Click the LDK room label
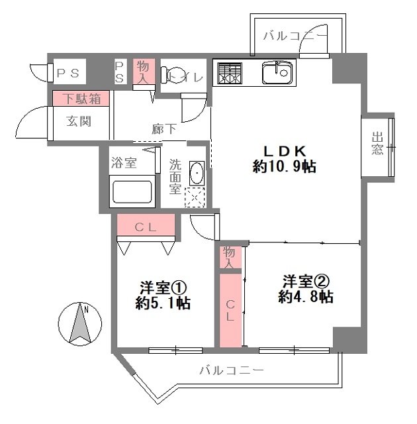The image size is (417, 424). pyautogui.click(x=285, y=151)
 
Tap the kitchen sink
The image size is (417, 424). pyautogui.click(x=277, y=72)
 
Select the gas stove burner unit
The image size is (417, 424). pyautogui.click(x=229, y=74)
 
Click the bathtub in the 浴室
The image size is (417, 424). pyautogui.click(x=132, y=191)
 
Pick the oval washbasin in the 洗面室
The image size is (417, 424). pyautogui.click(x=197, y=173)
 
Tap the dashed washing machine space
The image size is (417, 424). pyautogui.click(x=195, y=197)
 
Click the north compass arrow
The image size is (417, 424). pyautogui.click(x=80, y=323)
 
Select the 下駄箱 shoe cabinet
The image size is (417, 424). pyautogui.click(x=81, y=98)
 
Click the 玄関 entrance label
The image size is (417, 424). pyautogui.click(x=79, y=121)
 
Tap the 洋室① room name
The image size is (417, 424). pyautogui.click(x=163, y=288)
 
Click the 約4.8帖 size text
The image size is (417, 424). pyautogui.click(x=305, y=297)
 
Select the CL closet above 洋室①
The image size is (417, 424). pyautogui.click(x=146, y=225)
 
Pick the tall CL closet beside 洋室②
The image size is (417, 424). pyautogui.click(x=230, y=311)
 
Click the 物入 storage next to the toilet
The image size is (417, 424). pyautogui.click(x=144, y=71)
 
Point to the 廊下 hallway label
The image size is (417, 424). pyautogui.click(x=164, y=129)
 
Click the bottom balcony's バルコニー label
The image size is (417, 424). pyautogui.click(x=231, y=370)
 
